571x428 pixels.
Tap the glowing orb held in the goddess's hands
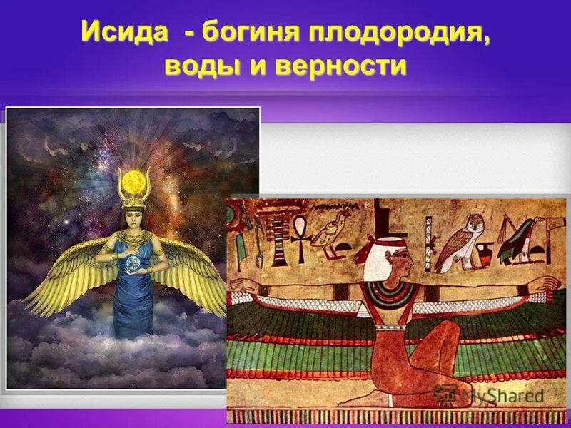(133, 265)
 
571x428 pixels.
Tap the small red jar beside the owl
(485, 253)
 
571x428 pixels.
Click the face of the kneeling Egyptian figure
(400, 264)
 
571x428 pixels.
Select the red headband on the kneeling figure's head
(378, 250)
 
